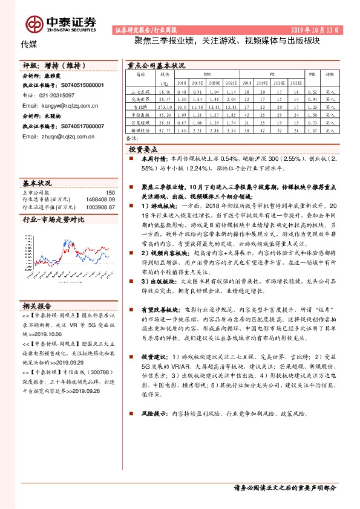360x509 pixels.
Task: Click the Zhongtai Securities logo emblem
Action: point(34,22)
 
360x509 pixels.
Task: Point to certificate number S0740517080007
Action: point(76,126)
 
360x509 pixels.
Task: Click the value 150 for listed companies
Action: point(110,192)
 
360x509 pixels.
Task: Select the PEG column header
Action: point(312,74)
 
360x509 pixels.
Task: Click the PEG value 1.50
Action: point(312,113)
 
